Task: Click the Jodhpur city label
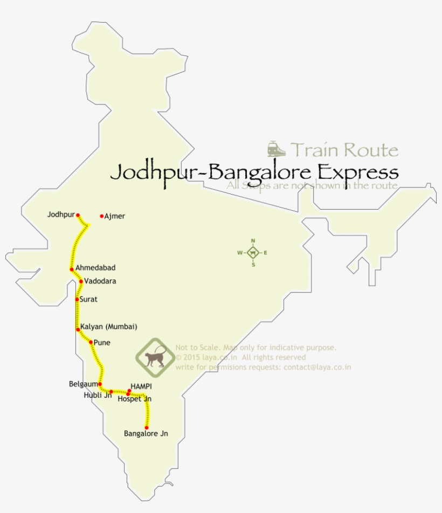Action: pos(60,214)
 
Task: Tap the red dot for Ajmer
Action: pos(102,217)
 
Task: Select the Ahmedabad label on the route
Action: pos(95,268)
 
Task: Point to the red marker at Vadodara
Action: pos(81,281)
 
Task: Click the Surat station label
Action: pos(88,299)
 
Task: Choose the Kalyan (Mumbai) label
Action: pos(108,327)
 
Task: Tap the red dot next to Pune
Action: pos(91,342)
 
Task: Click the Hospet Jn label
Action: pos(134,399)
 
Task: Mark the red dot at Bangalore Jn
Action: pos(147,427)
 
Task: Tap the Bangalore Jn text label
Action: pos(146,434)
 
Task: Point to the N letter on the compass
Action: pos(253,241)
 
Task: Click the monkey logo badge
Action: pos(155,357)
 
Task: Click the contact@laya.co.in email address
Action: pos(317,368)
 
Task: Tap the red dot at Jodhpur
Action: pos(78,214)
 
